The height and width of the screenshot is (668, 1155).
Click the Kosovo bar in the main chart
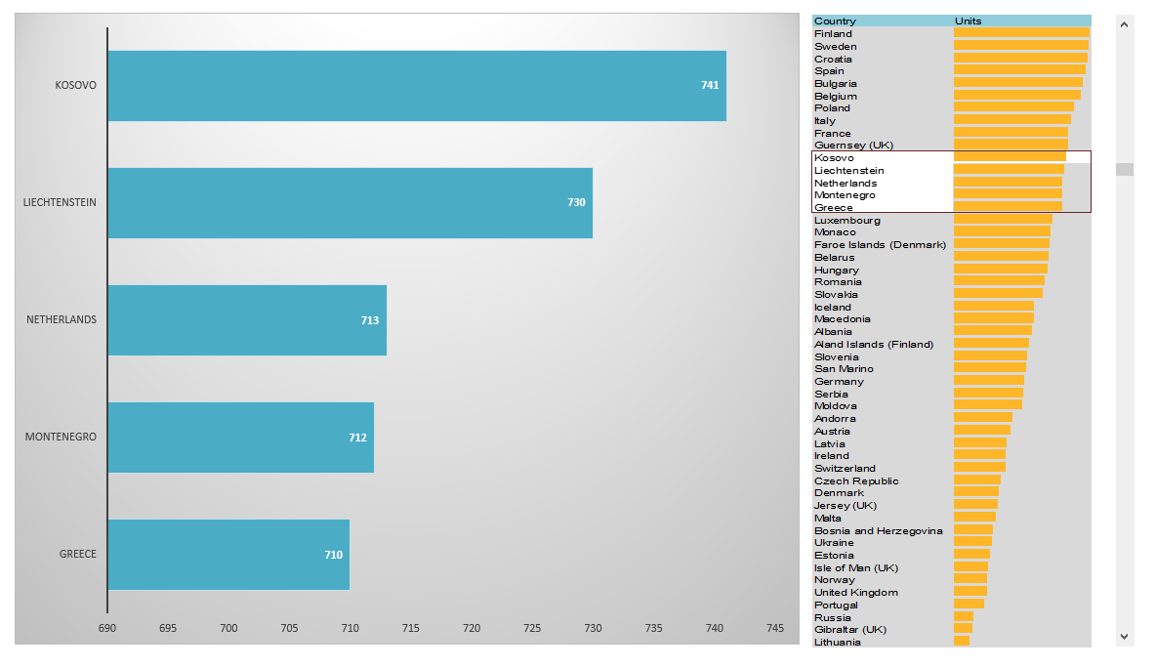point(416,86)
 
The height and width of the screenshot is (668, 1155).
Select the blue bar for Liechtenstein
point(350,203)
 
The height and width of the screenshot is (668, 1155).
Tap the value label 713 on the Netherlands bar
point(370,320)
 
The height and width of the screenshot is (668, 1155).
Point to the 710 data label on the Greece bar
point(334,555)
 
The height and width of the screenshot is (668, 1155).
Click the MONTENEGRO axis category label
point(61,437)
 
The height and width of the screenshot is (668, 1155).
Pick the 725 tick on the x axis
point(532,628)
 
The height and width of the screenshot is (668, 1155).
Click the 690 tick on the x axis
point(107,628)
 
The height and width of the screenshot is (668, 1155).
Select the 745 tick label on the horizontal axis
point(775,628)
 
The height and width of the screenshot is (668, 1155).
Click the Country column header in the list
point(835,21)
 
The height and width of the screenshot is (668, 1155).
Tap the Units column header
point(969,21)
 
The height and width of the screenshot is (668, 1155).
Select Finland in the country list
point(833,34)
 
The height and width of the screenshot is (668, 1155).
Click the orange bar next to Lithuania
point(962,642)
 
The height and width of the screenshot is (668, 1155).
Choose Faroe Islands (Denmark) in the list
point(880,245)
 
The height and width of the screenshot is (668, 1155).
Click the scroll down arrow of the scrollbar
point(1125,636)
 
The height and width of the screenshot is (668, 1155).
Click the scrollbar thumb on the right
point(1125,169)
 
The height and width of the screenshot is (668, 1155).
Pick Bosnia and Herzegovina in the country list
point(878,530)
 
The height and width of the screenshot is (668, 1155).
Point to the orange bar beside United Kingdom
point(970,592)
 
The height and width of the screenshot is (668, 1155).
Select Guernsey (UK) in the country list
point(853,146)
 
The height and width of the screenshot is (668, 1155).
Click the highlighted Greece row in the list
point(834,207)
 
